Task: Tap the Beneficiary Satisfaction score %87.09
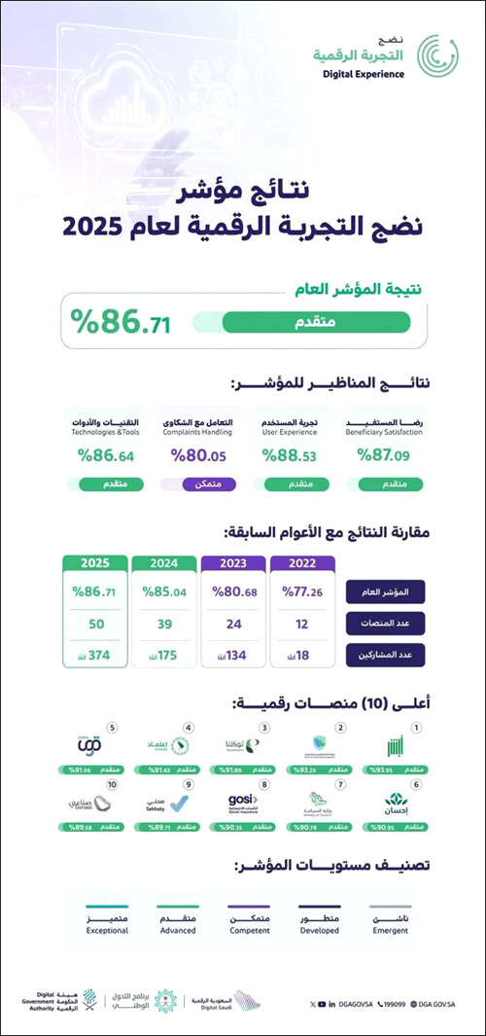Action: point(384,454)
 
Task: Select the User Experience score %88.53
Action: point(291,454)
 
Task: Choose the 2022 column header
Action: point(302,563)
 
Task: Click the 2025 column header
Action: point(95,563)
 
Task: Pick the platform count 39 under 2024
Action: point(164,624)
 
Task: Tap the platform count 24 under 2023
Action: point(233,624)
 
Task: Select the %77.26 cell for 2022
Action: point(302,590)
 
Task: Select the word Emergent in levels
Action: point(390,931)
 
